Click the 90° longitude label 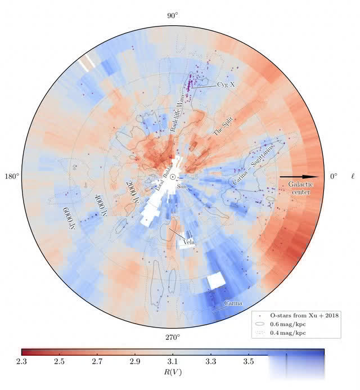point(172,15)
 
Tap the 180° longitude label point(12,177)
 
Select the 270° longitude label point(172,338)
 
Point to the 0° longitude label point(334,177)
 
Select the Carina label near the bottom point(233,304)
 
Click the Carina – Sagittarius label point(255,164)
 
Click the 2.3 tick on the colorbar point(21,360)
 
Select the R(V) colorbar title point(173,372)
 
